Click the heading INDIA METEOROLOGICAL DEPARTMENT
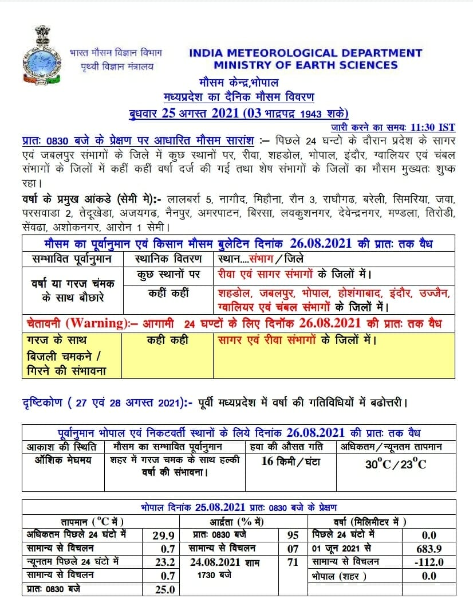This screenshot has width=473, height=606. coord(305,53)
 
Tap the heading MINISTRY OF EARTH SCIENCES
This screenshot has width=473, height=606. coord(306,65)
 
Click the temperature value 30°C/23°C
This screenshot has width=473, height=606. coord(396,464)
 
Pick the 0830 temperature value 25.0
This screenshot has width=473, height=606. coord(163,589)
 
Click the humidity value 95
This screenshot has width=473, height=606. coord(293,535)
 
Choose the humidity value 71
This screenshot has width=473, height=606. coord(293,562)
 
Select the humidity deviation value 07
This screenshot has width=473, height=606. coord(293,549)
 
